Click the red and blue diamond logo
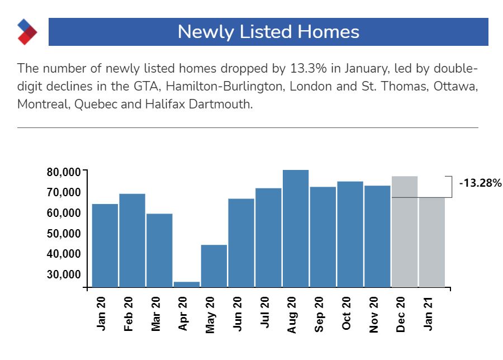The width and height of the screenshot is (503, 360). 27,31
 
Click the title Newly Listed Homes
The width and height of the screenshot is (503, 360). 268,31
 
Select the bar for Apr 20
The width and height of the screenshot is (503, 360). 187,284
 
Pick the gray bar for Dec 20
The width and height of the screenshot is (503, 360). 405,231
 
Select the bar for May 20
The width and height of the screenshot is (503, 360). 214,266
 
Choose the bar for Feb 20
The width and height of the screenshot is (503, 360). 132,240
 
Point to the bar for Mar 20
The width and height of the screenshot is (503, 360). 159,250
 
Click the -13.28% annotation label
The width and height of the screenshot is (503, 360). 481,183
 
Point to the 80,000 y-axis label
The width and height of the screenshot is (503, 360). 63,172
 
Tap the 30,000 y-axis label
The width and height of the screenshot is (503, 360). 63,274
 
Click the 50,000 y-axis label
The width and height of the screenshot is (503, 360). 63,234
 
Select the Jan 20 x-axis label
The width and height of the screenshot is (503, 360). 102,314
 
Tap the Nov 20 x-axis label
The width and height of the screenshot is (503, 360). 374,314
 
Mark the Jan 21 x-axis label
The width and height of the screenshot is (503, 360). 428,314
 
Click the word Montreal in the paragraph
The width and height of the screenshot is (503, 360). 42,105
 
